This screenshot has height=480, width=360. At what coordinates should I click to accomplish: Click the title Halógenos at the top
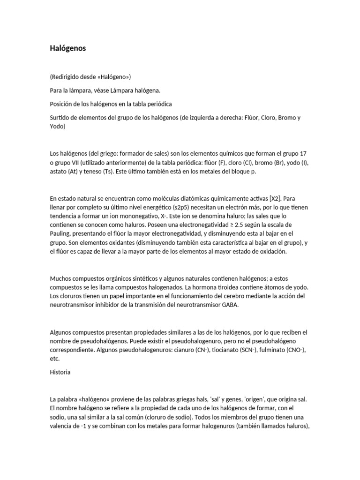[67, 48]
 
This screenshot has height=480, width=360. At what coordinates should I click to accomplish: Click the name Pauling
[61, 234]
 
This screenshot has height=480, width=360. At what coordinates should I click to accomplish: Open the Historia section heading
[60, 372]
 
